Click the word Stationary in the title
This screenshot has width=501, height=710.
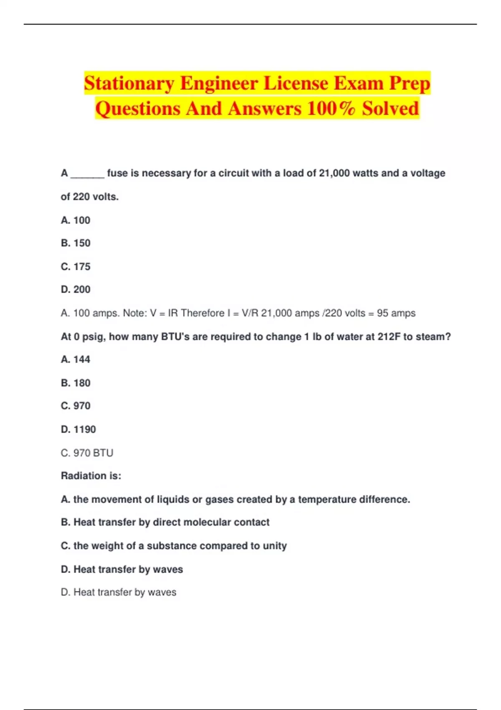click(129, 84)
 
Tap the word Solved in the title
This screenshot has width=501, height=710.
click(390, 109)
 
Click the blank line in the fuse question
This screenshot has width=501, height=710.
click(87, 173)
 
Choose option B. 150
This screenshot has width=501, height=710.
click(76, 243)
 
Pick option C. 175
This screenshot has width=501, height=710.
click(76, 266)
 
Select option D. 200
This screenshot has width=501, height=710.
click(76, 289)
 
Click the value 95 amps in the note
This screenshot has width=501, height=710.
click(396, 313)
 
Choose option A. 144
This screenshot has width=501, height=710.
click(76, 360)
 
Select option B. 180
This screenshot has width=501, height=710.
click(76, 383)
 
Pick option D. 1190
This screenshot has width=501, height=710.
click(78, 429)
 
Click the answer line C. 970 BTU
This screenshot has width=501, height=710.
click(87, 453)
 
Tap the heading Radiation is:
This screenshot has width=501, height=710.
click(91, 476)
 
